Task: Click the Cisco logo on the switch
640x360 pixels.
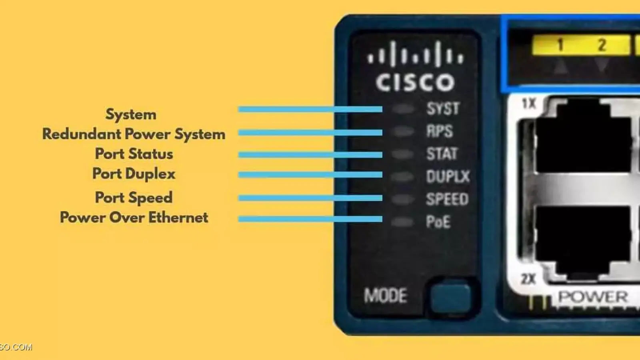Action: pyautogui.click(x=415, y=67)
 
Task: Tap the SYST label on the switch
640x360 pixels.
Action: pyautogui.click(x=443, y=109)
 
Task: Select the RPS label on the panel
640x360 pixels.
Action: pyautogui.click(x=440, y=131)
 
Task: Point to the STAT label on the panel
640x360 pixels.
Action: pyautogui.click(x=442, y=154)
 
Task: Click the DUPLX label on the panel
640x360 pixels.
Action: pyautogui.click(x=448, y=177)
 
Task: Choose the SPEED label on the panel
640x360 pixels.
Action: pyautogui.click(x=447, y=199)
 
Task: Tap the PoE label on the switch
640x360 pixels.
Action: pyautogui.click(x=438, y=222)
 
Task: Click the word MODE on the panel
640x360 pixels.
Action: pyautogui.click(x=386, y=296)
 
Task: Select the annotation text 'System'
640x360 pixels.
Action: pyautogui.click(x=131, y=114)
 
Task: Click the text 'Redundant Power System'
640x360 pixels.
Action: pyautogui.click(x=134, y=134)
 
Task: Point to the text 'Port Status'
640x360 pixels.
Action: pyautogui.click(x=134, y=154)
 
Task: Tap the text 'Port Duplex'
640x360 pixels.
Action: pyautogui.click(x=134, y=174)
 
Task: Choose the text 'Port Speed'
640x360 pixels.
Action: pyautogui.click(x=134, y=198)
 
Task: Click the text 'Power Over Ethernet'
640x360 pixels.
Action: pyautogui.click(x=134, y=218)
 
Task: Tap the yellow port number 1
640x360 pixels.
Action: pyautogui.click(x=560, y=45)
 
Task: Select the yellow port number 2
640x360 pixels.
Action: pyautogui.click(x=602, y=45)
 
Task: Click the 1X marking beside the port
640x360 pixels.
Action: pyautogui.click(x=529, y=104)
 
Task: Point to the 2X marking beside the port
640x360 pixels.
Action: pyautogui.click(x=528, y=279)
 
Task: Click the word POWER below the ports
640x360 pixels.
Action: pyautogui.click(x=593, y=297)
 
